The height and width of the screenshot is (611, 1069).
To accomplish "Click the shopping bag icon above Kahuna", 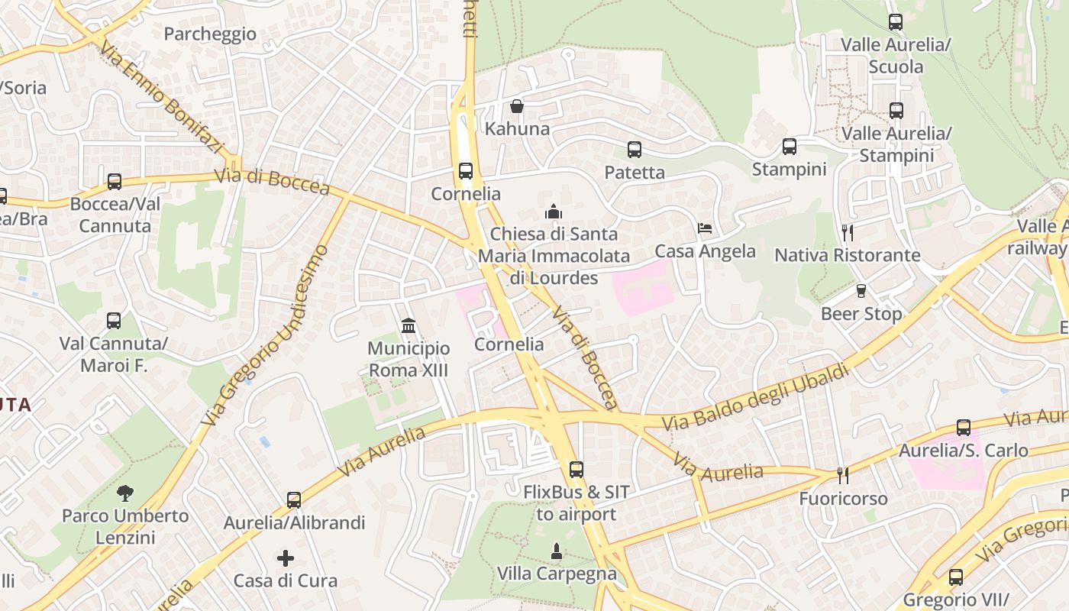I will tap(517, 106).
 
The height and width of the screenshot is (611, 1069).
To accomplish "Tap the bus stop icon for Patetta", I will tap(634, 150).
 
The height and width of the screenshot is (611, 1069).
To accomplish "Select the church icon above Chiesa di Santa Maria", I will tap(554, 211).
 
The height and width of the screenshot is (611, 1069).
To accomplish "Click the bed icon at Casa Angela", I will tap(705, 228).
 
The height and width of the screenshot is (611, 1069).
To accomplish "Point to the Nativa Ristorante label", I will tap(848, 255).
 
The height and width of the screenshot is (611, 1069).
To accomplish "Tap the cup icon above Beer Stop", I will tap(861, 291).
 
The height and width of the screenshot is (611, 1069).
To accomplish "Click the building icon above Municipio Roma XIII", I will tap(409, 326).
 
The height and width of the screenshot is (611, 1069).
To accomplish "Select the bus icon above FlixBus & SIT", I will tap(576, 470).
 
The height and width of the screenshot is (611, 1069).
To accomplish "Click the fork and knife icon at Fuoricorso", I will tap(843, 476).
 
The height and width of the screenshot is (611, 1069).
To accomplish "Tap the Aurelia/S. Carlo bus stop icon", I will tap(964, 428).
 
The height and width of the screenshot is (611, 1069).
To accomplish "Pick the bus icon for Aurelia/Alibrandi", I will tap(294, 500).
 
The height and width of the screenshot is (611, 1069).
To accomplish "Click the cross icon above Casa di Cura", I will tap(286, 558).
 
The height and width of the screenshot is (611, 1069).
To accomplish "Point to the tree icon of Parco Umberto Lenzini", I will tap(124, 493).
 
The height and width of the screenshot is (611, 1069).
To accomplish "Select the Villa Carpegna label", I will tap(557, 574).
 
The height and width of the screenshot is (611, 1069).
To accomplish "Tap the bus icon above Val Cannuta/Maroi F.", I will tap(114, 321).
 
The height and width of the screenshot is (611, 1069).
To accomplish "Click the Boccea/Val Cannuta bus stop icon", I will tap(115, 182).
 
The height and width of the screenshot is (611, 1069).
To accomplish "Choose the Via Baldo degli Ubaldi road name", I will tap(755, 397).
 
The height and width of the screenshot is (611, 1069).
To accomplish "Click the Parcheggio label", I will tap(210, 34).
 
